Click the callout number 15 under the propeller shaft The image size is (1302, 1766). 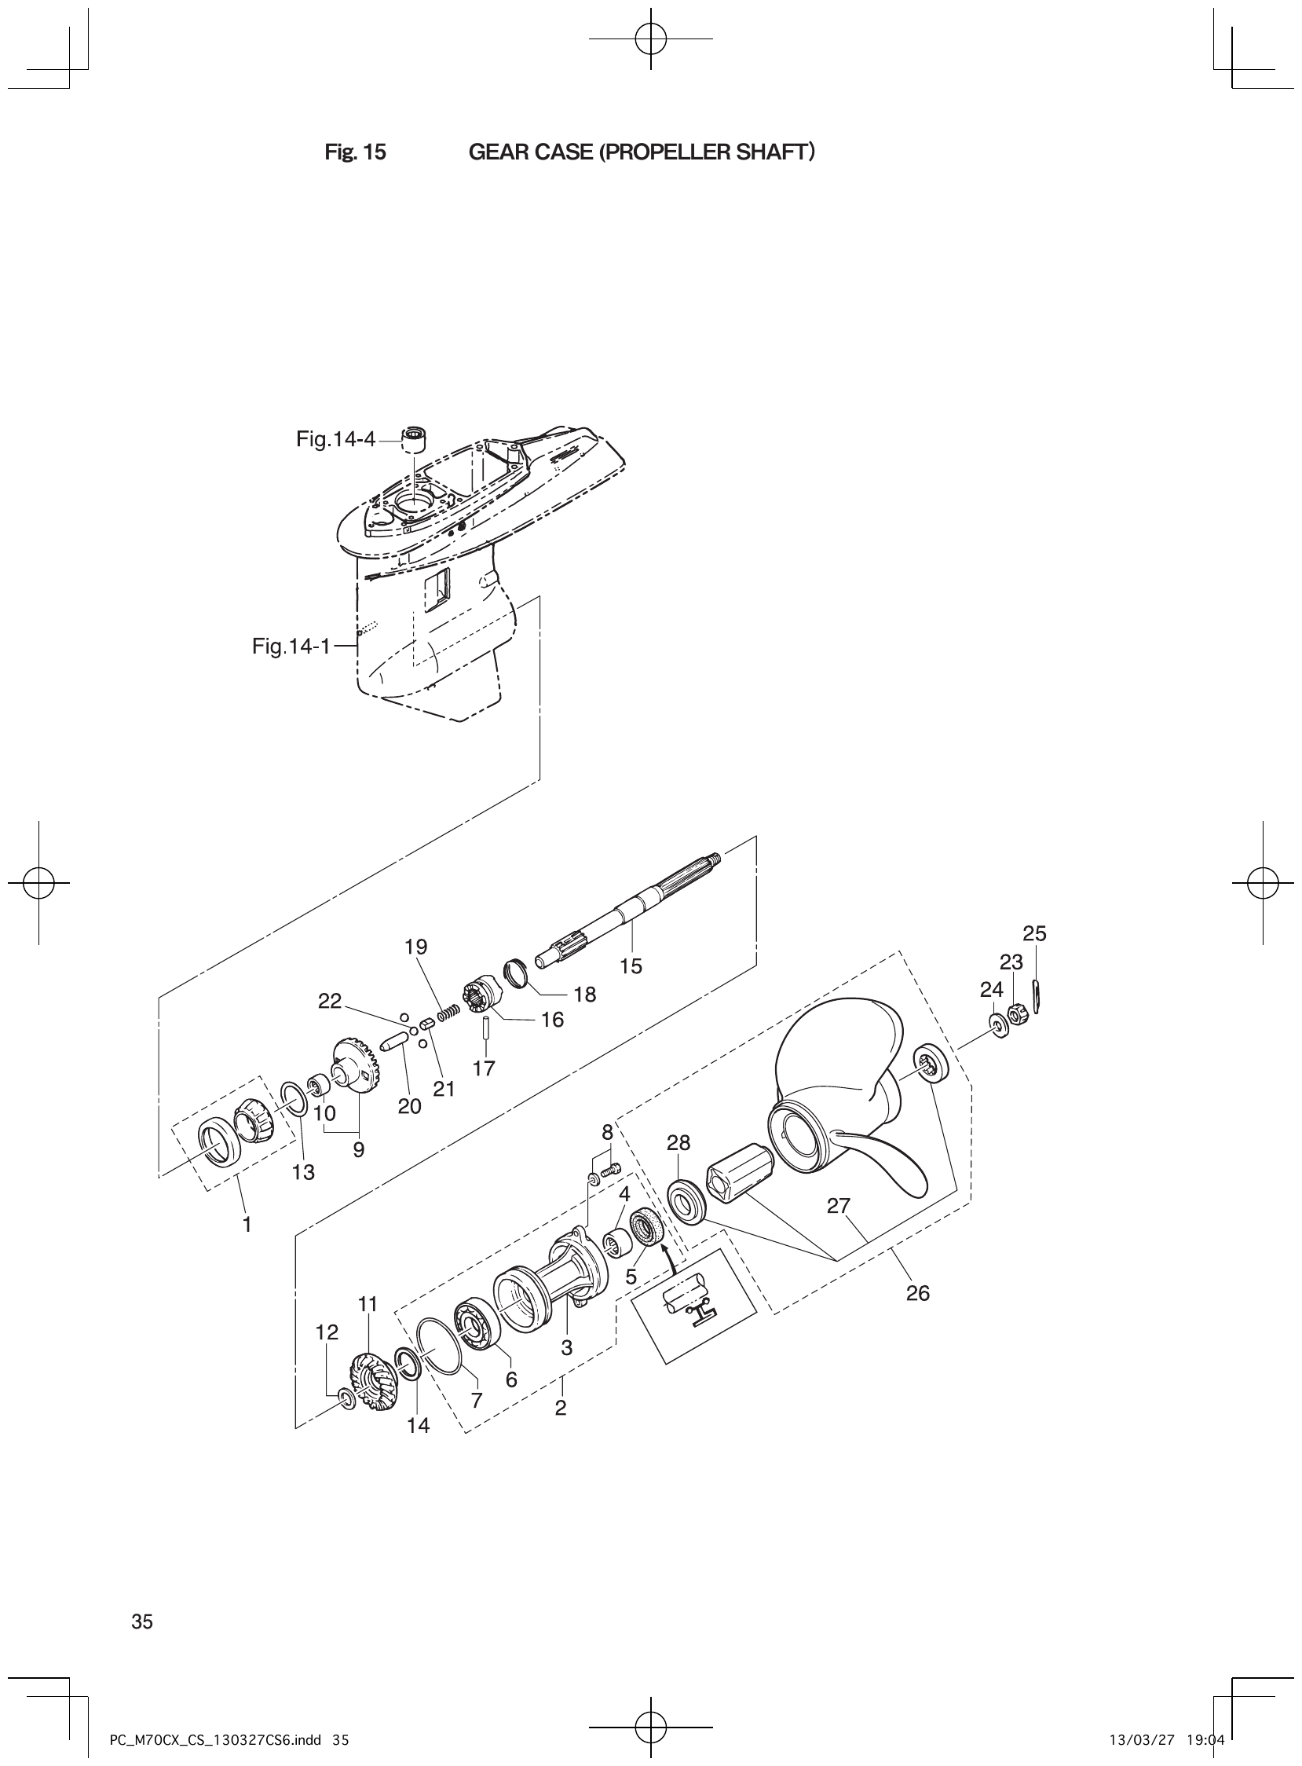tap(631, 965)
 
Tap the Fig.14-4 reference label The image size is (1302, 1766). tap(336, 439)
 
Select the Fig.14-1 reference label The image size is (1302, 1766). tap(291, 647)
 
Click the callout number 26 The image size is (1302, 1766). tap(918, 1293)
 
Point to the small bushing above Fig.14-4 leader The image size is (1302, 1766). tap(415, 436)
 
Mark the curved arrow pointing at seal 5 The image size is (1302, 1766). tap(670, 1254)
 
